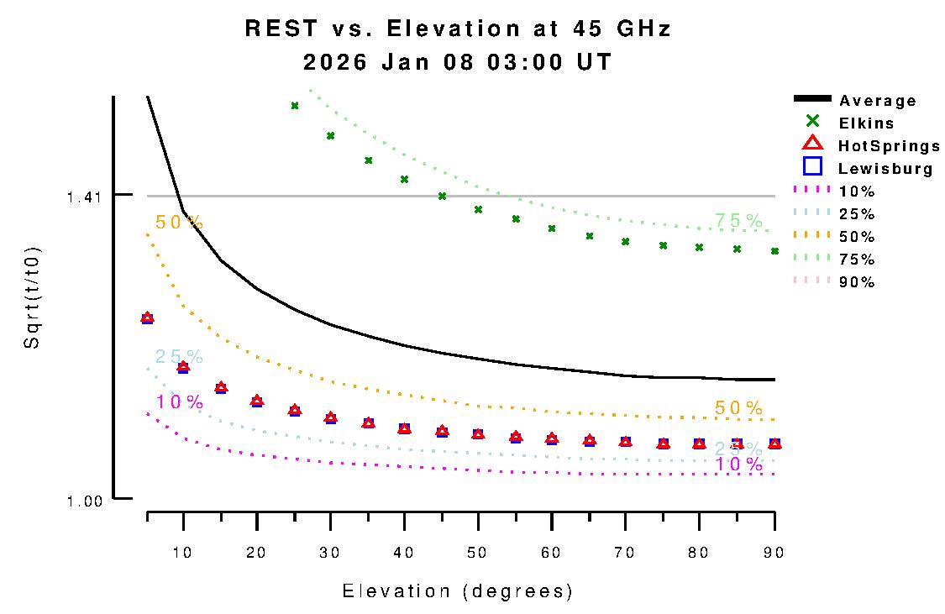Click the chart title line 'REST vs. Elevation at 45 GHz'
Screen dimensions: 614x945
coord(458,29)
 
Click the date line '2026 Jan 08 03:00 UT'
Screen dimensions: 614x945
coord(458,62)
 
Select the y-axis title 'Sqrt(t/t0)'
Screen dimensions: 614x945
coord(31,298)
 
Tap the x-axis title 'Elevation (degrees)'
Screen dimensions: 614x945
coord(458,591)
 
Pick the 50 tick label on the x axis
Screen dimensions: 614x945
coord(478,552)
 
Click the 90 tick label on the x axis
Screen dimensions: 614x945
coord(774,552)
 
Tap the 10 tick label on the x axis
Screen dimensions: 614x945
coord(183,552)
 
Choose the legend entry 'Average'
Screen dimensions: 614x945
coord(878,101)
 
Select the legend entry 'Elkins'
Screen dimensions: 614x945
coord(866,123)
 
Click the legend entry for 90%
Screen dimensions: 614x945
coord(857,282)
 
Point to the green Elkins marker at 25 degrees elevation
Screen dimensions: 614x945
coord(295,106)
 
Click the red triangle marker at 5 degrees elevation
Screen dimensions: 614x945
coord(147,317)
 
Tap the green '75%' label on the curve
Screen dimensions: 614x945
coord(738,221)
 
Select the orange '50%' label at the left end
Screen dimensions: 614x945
coord(179,223)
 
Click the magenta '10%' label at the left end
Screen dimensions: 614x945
coord(179,402)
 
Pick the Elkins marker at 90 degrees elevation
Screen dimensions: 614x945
coord(774,251)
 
